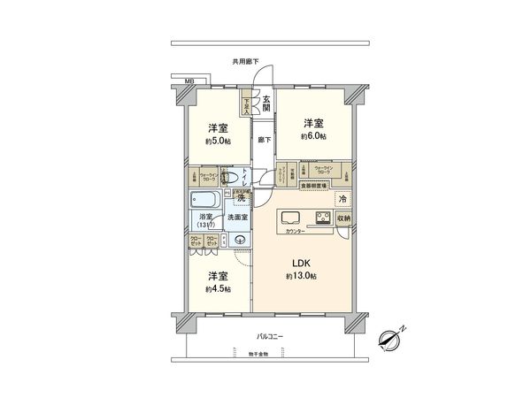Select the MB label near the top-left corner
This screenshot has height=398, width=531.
189,82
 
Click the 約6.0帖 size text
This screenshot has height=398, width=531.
313,137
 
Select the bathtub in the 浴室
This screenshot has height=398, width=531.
204,201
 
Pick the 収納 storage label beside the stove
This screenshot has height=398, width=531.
344,218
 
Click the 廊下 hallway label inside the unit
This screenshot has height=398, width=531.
264,140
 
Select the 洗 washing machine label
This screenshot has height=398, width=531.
240,197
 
